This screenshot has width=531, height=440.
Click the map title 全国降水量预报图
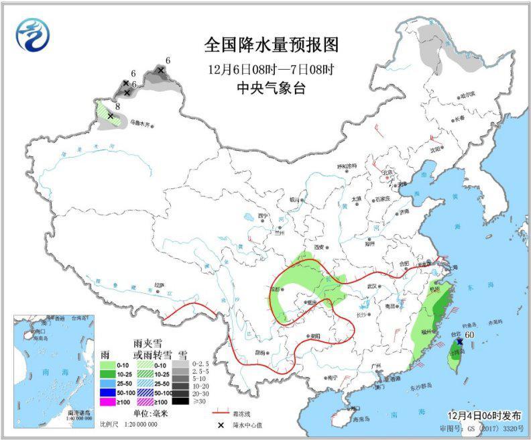coord(272,45)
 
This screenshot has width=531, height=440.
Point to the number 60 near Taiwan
coord(470,335)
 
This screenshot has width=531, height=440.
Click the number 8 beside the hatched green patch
coord(117,106)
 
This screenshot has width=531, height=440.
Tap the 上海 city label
coord(453,267)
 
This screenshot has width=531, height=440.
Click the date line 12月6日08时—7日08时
coord(272,68)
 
